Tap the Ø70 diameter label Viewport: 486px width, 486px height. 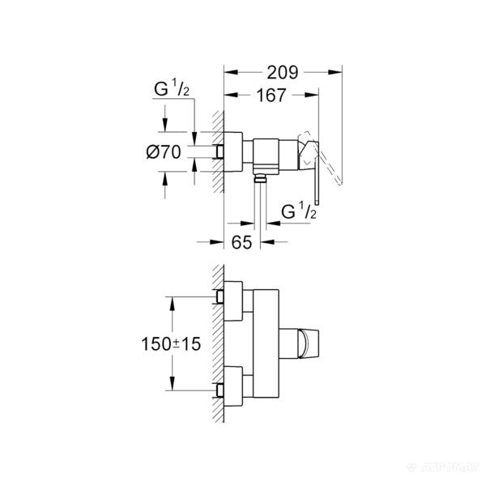[x=164, y=151]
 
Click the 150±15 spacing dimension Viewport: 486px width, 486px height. [x=168, y=343]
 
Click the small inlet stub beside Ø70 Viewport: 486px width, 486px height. [x=220, y=151]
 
